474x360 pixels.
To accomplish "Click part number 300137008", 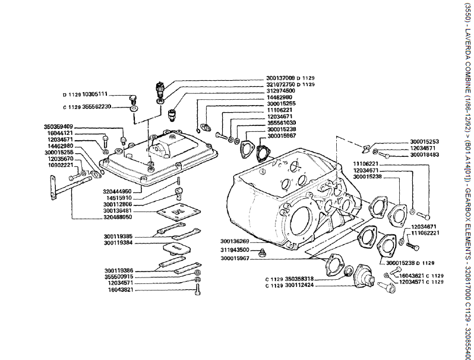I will pos(281,78).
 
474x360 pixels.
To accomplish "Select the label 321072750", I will pos(281,84).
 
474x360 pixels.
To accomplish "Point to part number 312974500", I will pos(281,91).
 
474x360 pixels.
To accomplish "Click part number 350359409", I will pos(59,127).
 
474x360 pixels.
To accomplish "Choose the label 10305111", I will pos(94,94).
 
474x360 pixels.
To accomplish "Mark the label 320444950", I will pos(117,191).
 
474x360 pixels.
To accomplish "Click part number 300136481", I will pos(117,210).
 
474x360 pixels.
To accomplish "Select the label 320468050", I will pos(117,217).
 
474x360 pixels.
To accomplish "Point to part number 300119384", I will pos(117,243).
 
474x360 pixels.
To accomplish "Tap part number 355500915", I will pos(117,276).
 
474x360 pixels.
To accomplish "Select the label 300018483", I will pos(424,154).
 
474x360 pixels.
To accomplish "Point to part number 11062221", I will pos(425,233).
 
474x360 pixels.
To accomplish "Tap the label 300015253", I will pos(424,141).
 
